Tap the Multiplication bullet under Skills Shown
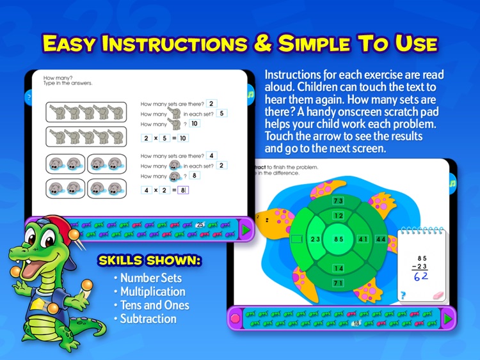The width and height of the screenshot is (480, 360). [x=152, y=292]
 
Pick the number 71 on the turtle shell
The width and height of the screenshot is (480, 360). [x=338, y=282]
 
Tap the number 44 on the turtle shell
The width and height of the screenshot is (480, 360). [x=382, y=240]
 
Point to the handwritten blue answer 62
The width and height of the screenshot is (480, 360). [x=423, y=276]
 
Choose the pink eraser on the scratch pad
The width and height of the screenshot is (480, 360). [x=438, y=296]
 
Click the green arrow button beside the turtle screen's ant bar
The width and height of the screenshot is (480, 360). [x=447, y=318]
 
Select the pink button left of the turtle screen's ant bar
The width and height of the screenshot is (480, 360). [x=236, y=318]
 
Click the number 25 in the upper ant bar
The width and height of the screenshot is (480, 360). [x=200, y=224]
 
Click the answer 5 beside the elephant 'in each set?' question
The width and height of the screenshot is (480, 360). [x=222, y=114]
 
